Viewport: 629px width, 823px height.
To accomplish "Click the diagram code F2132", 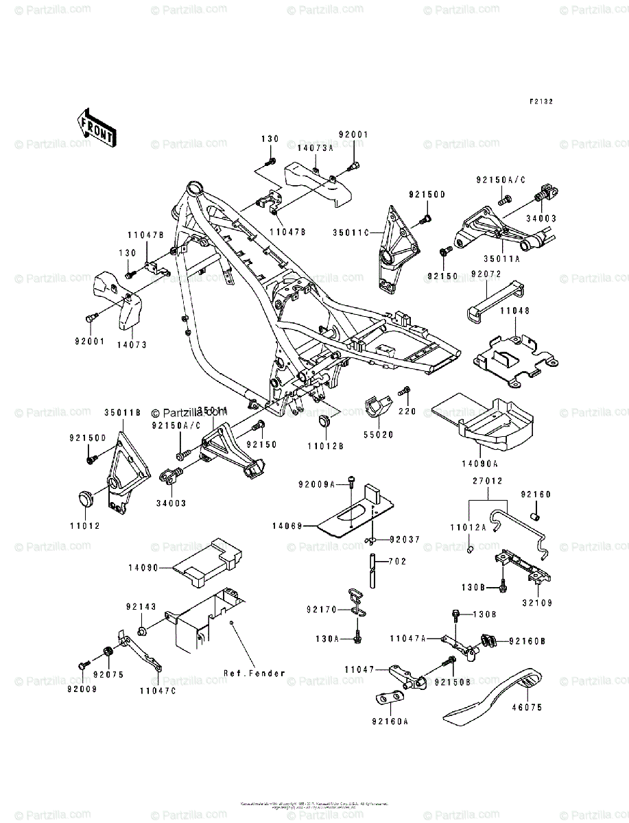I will pos(541,102).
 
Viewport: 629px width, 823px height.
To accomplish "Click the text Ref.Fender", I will pos(254,673).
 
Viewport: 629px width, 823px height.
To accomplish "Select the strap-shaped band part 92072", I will pos(492,302).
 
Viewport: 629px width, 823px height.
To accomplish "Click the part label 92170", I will pos(322,609).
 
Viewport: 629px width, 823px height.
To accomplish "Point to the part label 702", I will pos(399,561).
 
